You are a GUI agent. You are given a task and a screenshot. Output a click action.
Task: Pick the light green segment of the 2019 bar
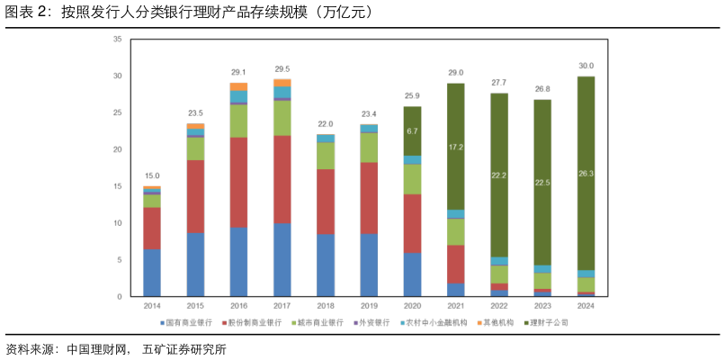pyautogui.click(x=369, y=148)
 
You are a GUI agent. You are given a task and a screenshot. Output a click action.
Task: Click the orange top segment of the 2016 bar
pyautogui.click(x=238, y=86)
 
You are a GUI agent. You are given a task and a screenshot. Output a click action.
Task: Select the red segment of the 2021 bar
pyautogui.click(x=456, y=264)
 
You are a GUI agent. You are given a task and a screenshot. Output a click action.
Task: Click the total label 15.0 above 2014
pyautogui.click(x=152, y=176)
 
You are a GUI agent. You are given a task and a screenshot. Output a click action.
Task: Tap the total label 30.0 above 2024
pyautogui.click(x=586, y=66)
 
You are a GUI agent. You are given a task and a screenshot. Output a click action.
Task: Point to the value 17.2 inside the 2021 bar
pyautogui.click(x=456, y=147)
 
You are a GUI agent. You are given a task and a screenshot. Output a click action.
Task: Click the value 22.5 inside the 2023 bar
pyautogui.click(x=542, y=183)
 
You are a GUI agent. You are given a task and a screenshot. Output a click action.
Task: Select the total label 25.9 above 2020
pyautogui.click(x=412, y=96)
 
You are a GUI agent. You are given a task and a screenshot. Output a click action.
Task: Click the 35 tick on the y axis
pyautogui.click(x=118, y=40)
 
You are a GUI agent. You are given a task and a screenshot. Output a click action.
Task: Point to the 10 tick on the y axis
pyautogui.click(x=118, y=222)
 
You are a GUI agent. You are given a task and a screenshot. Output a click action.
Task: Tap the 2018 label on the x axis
pyautogui.click(x=326, y=305)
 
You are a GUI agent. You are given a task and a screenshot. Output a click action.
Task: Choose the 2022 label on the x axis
pyautogui.click(x=499, y=305)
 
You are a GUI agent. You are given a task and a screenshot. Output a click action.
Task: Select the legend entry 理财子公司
pyautogui.click(x=550, y=322)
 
